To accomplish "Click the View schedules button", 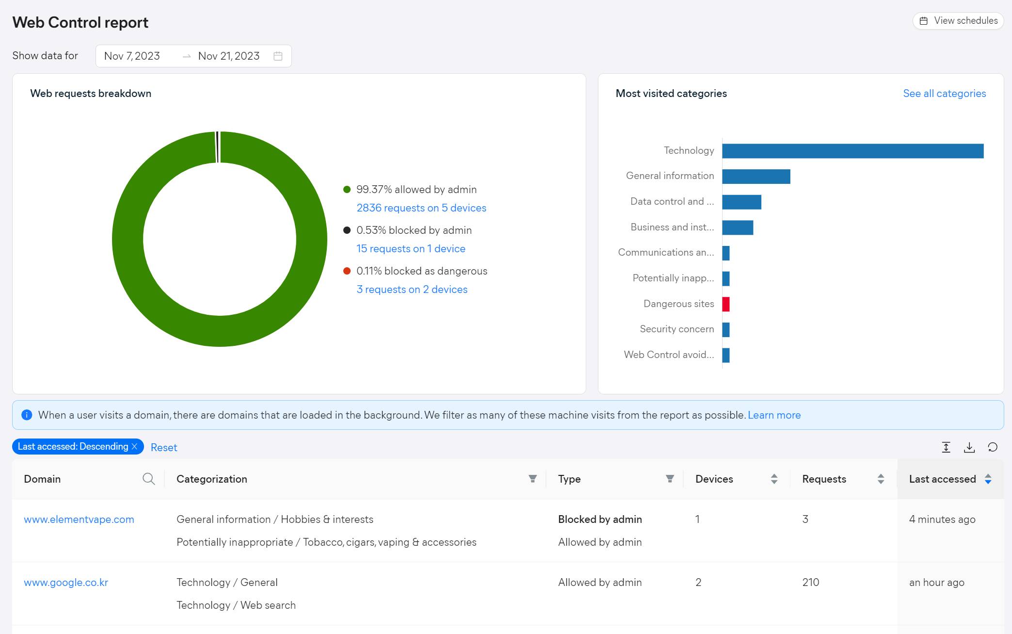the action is pos(958,21).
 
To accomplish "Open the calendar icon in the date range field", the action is pos(278,56).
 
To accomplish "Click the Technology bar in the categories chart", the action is pos(853,151).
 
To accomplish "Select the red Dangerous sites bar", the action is pos(726,304).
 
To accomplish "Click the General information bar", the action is pos(756,177).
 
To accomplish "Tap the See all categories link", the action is pos(945,94).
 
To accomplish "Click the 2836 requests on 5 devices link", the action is pos(421,208).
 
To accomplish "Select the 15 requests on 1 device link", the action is pos(411,249).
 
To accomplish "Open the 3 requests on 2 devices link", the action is pos(412,290).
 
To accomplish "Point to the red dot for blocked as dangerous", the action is pos(347,271).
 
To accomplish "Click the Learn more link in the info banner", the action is pos(774,415).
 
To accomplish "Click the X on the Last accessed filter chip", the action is pos(135,446).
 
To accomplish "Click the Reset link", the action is pos(164,447).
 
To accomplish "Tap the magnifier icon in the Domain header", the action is pos(149,479).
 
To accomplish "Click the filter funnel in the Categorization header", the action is pos(532,479).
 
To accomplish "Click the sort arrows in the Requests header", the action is pos(881,479).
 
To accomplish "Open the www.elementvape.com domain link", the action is pos(79,520).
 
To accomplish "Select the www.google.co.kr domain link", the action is pos(66,583).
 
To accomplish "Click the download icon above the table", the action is pos(969,447).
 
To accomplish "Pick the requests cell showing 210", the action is pos(811,583).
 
